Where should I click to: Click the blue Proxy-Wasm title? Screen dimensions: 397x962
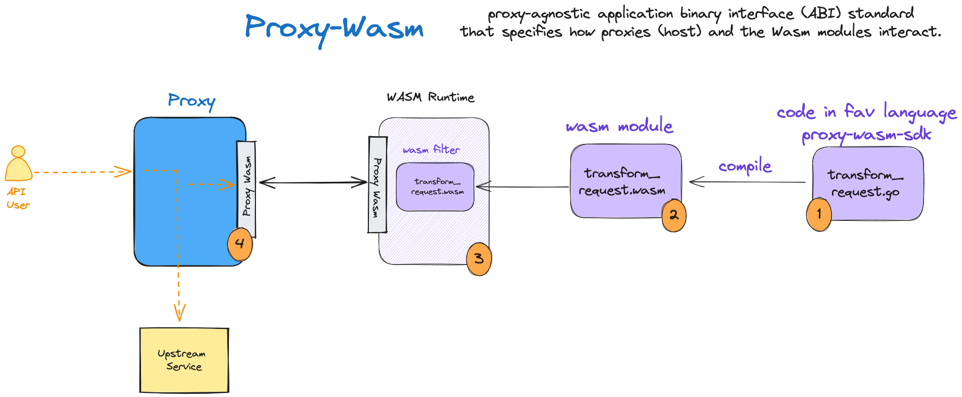click(x=334, y=28)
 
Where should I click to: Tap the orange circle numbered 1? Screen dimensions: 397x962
click(x=818, y=214)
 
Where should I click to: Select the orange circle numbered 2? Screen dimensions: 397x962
click(x=674, y=215)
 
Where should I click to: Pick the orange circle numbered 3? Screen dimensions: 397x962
click(x=479, y=258)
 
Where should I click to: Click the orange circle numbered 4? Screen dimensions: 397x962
click(x=240, y=244)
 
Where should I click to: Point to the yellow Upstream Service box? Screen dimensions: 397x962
click(x=184, y=360)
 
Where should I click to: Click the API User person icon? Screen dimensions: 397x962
click(x=18, y=164)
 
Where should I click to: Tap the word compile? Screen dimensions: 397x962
click(x=745, y=166)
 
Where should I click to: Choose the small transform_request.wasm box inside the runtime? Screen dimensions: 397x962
click(x=435, y=187)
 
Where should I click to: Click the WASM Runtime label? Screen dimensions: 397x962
click(x=430, y=97)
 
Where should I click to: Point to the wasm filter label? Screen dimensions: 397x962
click(x=431, y=150)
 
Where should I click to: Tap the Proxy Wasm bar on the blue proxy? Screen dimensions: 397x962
click(x=247, y=188)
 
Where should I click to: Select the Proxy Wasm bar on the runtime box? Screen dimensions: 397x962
click(x=377, y=185)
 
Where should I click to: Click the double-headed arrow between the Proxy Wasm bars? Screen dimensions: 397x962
click(x=313, y=182)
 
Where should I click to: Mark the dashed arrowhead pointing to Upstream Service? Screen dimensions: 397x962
click(x=179, y=313)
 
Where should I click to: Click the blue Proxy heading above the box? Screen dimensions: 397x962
click(x=191, y=100)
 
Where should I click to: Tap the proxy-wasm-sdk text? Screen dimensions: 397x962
click(x=866, y=135)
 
